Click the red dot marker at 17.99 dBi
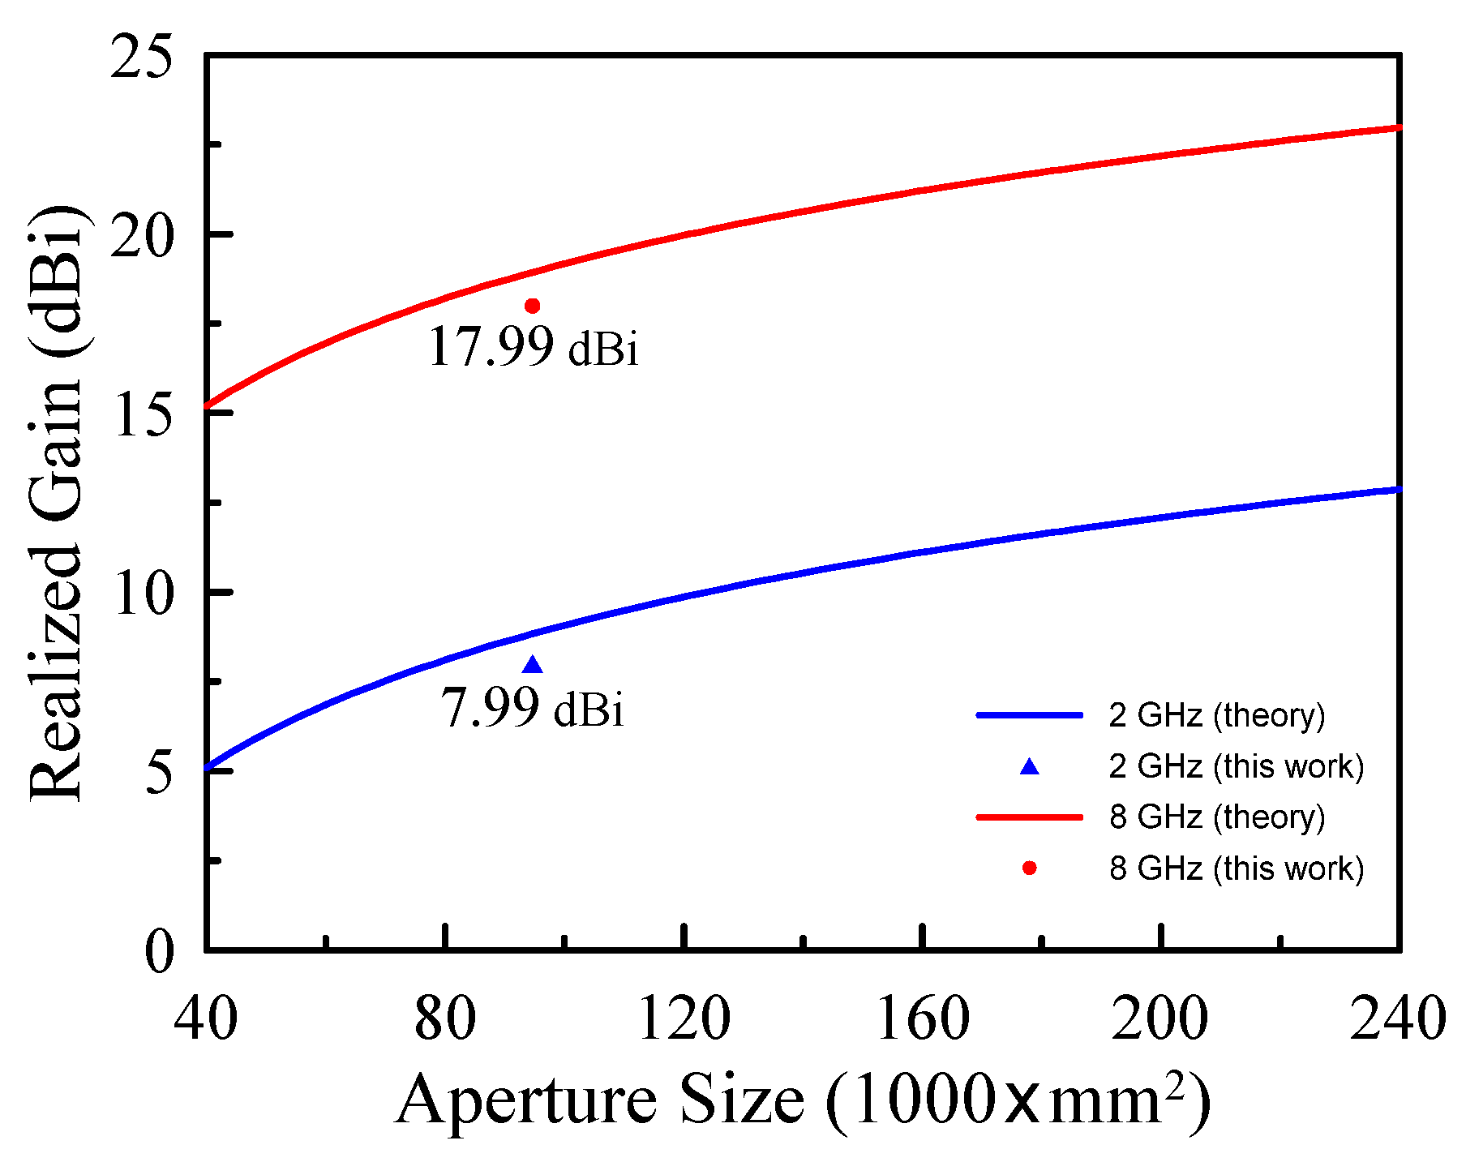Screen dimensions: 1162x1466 (532, 306)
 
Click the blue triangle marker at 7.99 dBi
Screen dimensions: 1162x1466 (532, 666)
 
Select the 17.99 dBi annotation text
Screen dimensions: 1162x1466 (533, 348)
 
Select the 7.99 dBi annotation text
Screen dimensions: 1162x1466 (533, 708)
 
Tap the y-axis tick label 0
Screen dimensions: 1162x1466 (159, 952)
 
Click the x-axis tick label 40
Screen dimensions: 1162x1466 (206, 1018)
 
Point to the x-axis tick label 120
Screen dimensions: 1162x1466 (684, 1018)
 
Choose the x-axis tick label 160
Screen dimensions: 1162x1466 (923, 1018)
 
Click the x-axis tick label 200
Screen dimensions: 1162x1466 (1161, 1018)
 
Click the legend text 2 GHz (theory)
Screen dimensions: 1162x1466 (1216, 715)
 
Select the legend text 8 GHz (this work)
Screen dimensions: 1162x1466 (1236, 868)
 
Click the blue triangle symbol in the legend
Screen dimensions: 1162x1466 (1029, 767)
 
